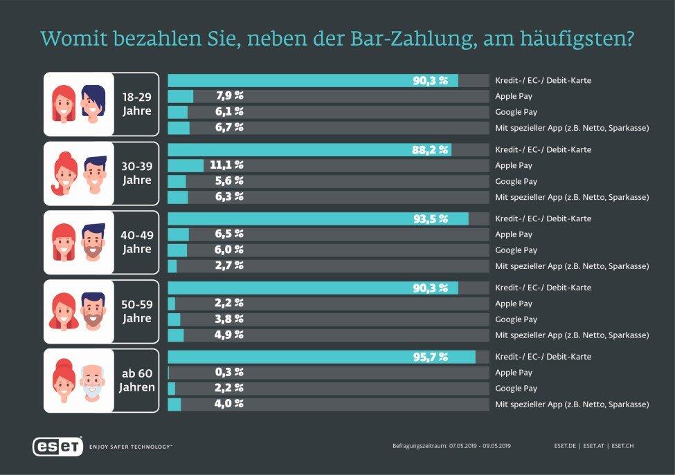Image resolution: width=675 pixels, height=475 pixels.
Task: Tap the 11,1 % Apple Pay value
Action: [x=229, y=165]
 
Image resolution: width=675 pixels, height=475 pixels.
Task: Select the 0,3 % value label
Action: [x=229, y=373]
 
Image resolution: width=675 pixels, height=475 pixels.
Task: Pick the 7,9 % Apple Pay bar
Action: [x=180, y=96]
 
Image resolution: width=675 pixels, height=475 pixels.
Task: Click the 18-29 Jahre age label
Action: [x=136, y=104]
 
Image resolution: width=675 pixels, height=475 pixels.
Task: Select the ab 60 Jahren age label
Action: [x=136, y=381]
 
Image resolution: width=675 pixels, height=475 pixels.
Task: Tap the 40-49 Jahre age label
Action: [x=136, y=243]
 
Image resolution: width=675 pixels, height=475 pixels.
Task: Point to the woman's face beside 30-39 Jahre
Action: [x=64, y=174]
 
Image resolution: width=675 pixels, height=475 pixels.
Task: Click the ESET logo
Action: [x=57, y=446]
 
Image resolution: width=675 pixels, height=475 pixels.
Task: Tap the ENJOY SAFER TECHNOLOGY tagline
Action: [x=131, y=447]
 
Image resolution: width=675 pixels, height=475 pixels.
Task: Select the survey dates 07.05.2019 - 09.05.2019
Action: [x=480, y=446]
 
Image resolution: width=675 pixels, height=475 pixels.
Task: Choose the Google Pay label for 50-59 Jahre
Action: [x=516, y=319]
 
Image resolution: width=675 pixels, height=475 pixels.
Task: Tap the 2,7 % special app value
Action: [x=229, y=266]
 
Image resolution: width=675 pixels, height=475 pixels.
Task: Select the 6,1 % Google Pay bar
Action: [x=177, y=112]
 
